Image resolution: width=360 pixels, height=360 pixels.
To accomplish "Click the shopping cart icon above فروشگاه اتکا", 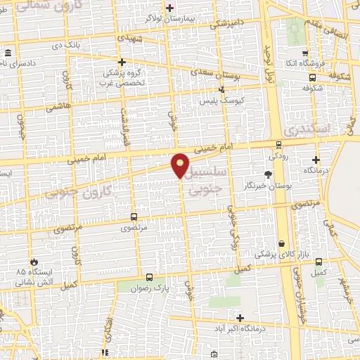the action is (x=304, y=53).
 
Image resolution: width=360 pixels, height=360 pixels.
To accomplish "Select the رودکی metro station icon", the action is (x=279, y=144).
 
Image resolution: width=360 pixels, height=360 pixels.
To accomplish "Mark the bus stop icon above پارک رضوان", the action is (x=148, y=277).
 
